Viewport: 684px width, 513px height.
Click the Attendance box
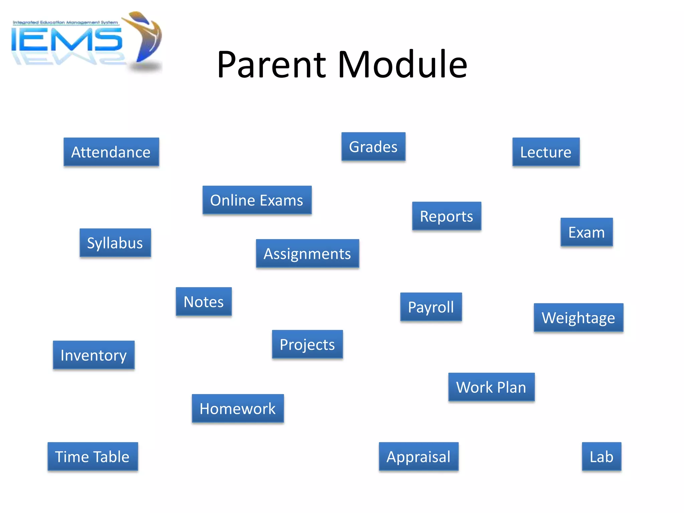point(111,152)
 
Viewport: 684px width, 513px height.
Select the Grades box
point(373,147)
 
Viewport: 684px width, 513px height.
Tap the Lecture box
point(546,152)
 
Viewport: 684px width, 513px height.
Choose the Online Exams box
point(257,200)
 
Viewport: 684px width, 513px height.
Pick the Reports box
point(447,216)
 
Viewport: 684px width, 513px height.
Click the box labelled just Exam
point(586,232)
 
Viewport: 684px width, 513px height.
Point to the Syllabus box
point(115,243)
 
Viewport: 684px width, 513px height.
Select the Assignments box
point(307,253)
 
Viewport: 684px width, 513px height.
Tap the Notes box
point(204,302)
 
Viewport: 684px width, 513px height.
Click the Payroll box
point(431,307)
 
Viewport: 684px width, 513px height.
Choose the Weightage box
point(578,318)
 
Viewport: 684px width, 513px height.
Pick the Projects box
point(307,344)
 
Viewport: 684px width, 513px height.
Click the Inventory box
point(94,355)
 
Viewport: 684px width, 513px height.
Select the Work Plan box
point(491,387)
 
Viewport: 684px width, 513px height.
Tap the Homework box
point(238,408)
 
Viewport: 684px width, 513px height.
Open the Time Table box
point(93,457)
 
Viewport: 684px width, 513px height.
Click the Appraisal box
point(418,457)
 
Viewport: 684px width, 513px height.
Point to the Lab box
point(602,457)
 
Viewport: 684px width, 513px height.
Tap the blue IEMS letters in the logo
point(67,40)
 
